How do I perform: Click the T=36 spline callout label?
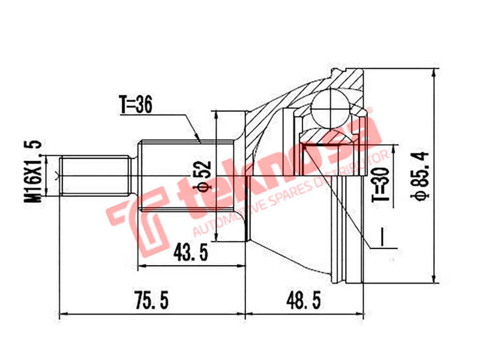click(137, 105)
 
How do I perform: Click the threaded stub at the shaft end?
click(95, 175)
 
